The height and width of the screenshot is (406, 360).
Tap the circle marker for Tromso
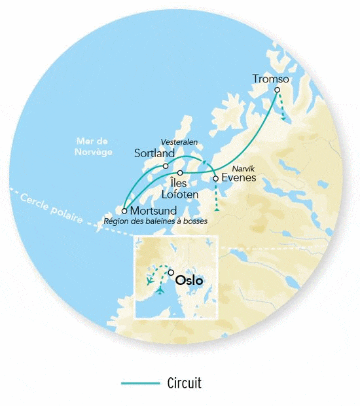tap(278, 90)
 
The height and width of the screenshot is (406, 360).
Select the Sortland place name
tap(154, 153)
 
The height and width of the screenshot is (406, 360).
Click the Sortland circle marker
tap(166, 166)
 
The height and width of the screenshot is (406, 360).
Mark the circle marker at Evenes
tap(215, 178)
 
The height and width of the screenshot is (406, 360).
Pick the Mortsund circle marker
tap(124, 211)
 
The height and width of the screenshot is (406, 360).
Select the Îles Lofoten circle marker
tap(180, 173)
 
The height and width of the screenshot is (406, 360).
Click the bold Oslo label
tap(190, 280)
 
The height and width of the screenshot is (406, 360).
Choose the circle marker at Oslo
tap(171, 272)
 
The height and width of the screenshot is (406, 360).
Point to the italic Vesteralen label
tap(179, 142)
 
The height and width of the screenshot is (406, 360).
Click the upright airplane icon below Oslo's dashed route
tap(159, 290)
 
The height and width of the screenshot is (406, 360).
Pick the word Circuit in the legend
tap(185, 383)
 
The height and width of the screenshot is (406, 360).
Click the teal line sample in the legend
tap(140, 383)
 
